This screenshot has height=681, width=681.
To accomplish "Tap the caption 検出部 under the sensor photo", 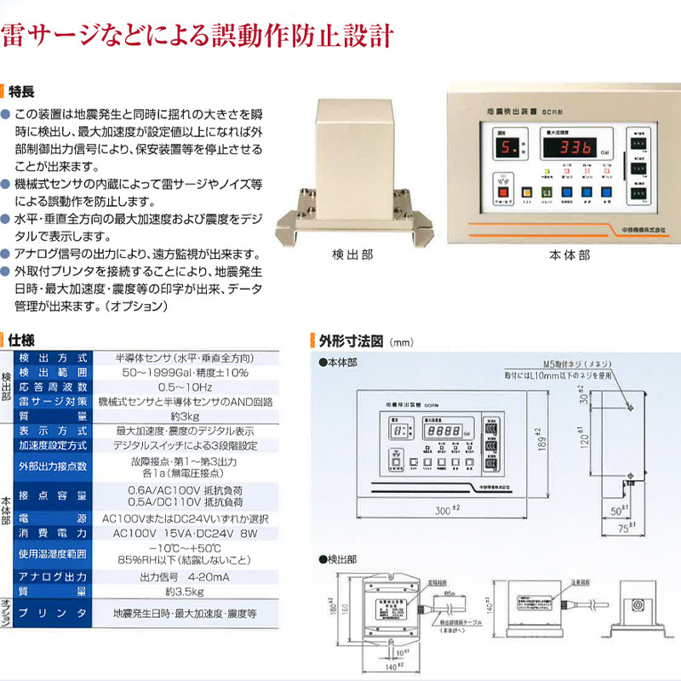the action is [x=352, y=254].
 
